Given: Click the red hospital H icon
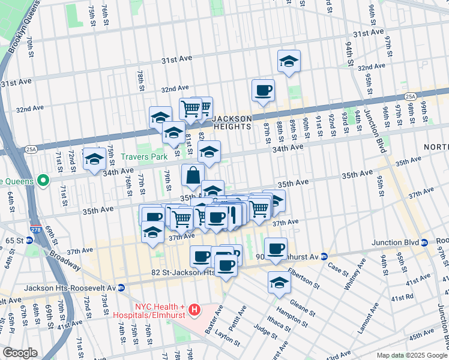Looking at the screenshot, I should pos(194,310).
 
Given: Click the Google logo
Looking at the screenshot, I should pos(20,352).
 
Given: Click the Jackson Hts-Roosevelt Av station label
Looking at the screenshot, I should pos(70,288).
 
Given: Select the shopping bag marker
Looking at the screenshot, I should pos(193,176).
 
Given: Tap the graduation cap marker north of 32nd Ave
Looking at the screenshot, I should pos(289,62).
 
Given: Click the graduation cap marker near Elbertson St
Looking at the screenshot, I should pos(279,283).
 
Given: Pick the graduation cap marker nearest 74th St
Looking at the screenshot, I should pos(94,159).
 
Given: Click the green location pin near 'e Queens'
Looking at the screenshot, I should pos(43,179).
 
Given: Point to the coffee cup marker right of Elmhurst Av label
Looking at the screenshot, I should pos(276,248).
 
